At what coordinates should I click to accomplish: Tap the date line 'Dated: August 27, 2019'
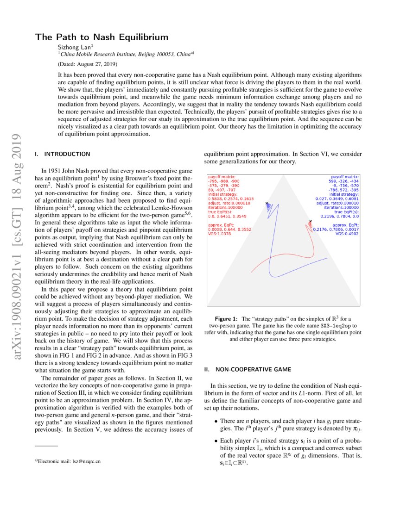(88, 63)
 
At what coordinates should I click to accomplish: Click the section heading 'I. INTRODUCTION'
(63, 154)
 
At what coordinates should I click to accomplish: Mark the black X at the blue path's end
(267, 204)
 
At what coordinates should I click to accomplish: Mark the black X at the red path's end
(310, 222)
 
